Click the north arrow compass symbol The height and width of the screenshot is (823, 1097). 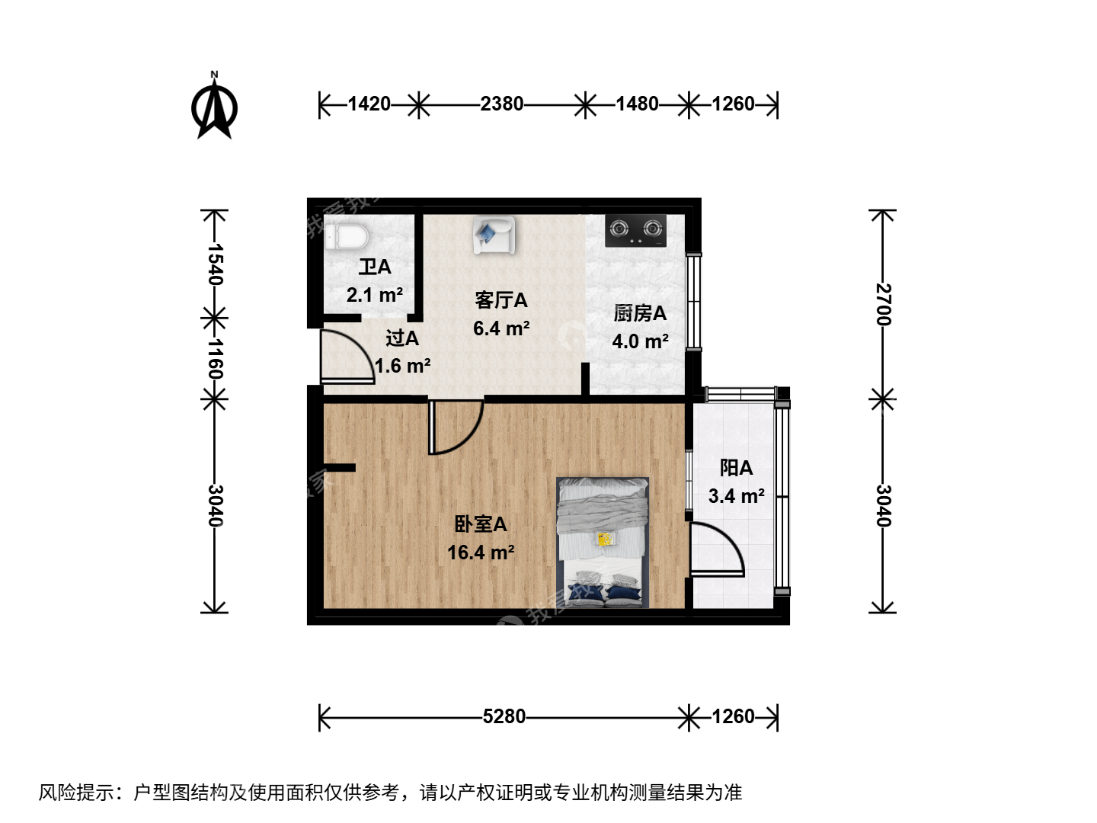tap(214, 107)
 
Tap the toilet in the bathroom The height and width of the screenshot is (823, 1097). tap(347, 237)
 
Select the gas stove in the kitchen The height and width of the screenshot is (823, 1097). tap(635, 231)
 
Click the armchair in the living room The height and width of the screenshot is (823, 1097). tap(494, 235)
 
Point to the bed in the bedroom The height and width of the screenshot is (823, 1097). tap(603, 543)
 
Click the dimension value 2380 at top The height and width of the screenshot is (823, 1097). tap(502, 104)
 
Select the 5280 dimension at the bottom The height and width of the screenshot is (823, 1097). tap(504, 716)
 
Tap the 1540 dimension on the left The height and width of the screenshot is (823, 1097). tap(216, 264)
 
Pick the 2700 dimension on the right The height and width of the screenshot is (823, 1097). tap(884, 304)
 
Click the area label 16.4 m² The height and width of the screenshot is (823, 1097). tap(481, 552)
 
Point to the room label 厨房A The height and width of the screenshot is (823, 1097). tap(640, 314)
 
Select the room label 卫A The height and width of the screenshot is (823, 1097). tap(375, 267)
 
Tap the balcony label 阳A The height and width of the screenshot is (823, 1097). tap(736, 468)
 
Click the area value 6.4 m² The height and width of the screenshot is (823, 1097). tap(501, 328)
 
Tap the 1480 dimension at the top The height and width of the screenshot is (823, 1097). tap(637, 104)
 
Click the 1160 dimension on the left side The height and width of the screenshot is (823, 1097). tap(216, 359)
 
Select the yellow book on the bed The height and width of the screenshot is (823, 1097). tap(606, 539)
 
